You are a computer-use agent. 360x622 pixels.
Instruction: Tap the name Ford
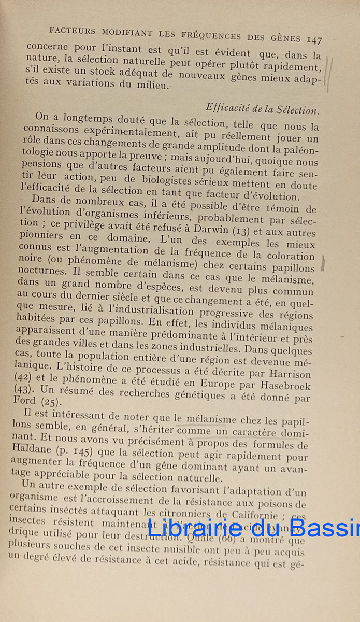click(x=24, y=400)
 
